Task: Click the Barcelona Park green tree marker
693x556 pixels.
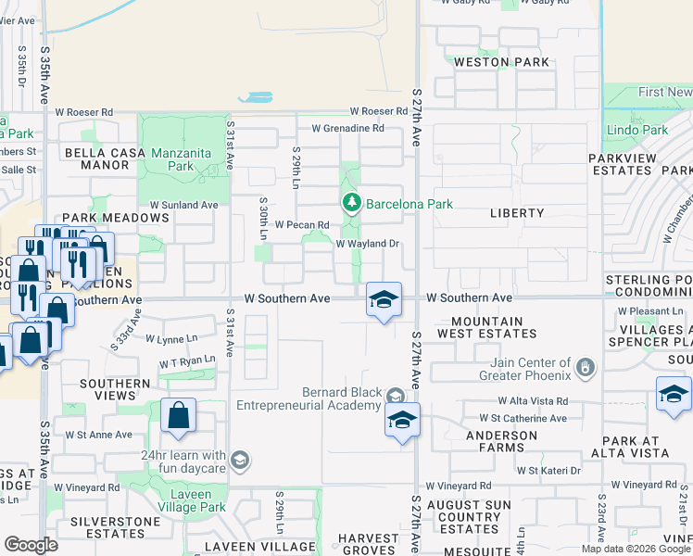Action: click(351, 203)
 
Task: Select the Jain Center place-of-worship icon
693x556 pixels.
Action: click(584, 369)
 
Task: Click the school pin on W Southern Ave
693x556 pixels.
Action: click(384, 300)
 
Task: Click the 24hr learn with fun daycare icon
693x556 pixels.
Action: click(239, 461)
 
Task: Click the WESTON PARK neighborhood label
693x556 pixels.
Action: click(501, 62)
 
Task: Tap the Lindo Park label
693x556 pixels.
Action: click(636, 131)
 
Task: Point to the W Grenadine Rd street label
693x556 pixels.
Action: click(347, 129)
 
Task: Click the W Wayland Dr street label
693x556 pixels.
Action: click(367, 245)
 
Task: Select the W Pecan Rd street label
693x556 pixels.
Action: click(302, 225)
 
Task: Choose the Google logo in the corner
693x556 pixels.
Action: click(31, 545)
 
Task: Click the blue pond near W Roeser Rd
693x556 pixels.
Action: click(256, 97)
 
